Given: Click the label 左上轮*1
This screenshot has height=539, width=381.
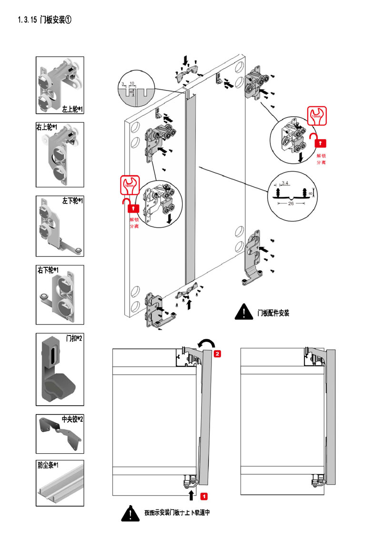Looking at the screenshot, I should pos(72,109).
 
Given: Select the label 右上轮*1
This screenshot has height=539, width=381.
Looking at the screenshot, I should pos(47,127).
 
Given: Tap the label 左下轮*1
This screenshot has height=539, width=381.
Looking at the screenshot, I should pos(73,201).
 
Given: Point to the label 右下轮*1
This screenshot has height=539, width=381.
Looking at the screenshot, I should pos(48,270).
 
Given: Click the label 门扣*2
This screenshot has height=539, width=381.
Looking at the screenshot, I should pos(74,338).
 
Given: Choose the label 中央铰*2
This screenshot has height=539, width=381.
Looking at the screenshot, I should pos(72,419).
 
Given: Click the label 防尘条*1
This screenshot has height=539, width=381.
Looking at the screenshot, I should pos(47,465).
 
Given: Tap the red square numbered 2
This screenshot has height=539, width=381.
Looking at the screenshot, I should pos(217,354).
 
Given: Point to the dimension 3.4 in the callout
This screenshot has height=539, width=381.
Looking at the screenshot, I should pos(285,183).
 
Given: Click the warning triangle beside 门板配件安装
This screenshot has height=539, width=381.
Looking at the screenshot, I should pos(243,312).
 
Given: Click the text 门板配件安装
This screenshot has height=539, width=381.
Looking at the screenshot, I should pos(273,313).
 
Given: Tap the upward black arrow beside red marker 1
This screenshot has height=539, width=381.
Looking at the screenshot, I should pos(191,495).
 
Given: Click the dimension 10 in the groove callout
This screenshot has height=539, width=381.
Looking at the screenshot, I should pos(132,83).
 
